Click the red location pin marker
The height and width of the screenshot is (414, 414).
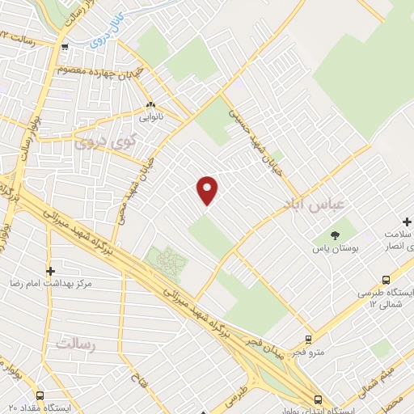tap(208, 189)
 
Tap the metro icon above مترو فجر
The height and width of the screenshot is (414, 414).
tap(308, 340)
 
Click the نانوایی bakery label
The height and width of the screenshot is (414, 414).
tap(150, 118)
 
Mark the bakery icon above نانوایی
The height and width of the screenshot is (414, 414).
tap(151, 105)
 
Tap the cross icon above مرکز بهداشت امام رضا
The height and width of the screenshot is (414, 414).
tap(50, 271)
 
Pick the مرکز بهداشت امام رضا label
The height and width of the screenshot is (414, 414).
tap(50, 285)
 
